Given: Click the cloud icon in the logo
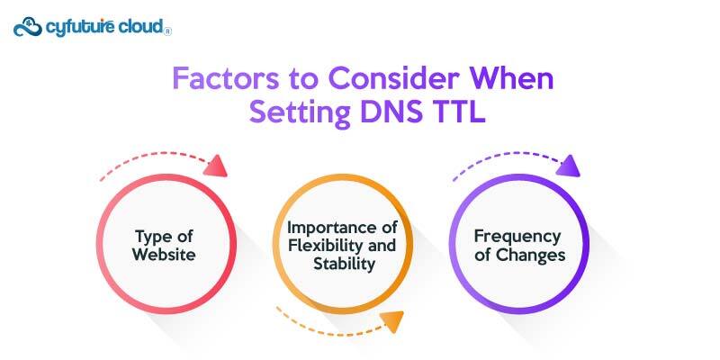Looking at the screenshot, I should tap(27, 26).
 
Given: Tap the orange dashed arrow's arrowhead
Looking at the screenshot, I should tap(391, 321).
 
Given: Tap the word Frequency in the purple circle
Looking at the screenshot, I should tap(518, 237).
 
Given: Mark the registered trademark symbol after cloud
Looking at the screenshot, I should tap(168, 31).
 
